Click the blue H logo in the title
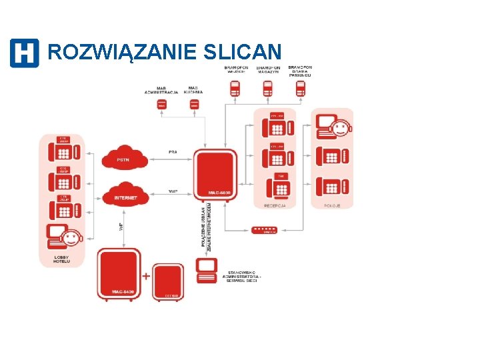tap(24, 53)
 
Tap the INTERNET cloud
tap(125, 196)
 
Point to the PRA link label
tap(173, 152)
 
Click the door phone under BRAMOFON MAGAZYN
tap(267, 88)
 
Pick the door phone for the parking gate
tap(300, 88)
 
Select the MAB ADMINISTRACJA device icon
tap(162, 105)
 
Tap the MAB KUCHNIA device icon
tap(194, 105)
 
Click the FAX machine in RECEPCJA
tap(281, 187)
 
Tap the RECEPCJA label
tap(275, 206)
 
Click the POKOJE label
tap(332, 206)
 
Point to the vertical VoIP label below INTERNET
tap(121, 227)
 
